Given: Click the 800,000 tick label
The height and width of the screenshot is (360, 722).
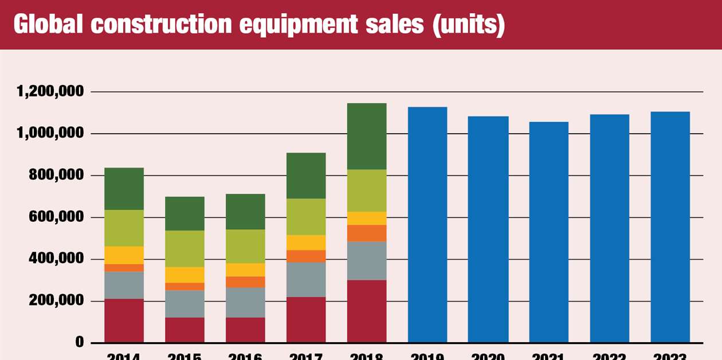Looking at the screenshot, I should pyautogui.click(x=56, y=175).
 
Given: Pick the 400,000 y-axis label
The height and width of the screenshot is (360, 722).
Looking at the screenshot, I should pyautogui.click(x=56, y=259).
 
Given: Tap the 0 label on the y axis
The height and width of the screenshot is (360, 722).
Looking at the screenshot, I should pyautogui.click(x=79, y=343).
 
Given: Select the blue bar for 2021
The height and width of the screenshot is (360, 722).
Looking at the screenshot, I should pyautogui.click(x=549, y=232).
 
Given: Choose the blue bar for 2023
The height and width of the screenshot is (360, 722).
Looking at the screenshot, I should pyautogui.click(x=670, y=227).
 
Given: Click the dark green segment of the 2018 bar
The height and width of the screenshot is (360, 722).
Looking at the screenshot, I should pyautogui.click(x=367, y=136).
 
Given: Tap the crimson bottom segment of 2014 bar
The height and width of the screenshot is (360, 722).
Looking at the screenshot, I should pyautogui.click(x=124, y=320).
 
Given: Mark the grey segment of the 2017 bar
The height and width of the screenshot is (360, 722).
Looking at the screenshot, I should pyautogui.click(x=306, y=280).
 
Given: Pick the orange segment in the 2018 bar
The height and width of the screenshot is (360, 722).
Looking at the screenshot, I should pyautogui.click(x=367, y=233).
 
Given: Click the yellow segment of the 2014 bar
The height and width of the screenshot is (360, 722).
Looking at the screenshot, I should pyautogui.click(x=124, y=255).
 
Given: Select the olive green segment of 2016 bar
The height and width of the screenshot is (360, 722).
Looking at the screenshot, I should pyautogui.click(x=245, y=246).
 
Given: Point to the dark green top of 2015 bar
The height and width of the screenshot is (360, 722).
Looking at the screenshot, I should pyautogui.click(x=185, y=214).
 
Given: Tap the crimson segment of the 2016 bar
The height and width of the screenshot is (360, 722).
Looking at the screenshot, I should pyautogui.click(x=245, y=330).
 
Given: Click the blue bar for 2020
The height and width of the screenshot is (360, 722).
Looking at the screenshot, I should pyautogui.click(x=488, y=229).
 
